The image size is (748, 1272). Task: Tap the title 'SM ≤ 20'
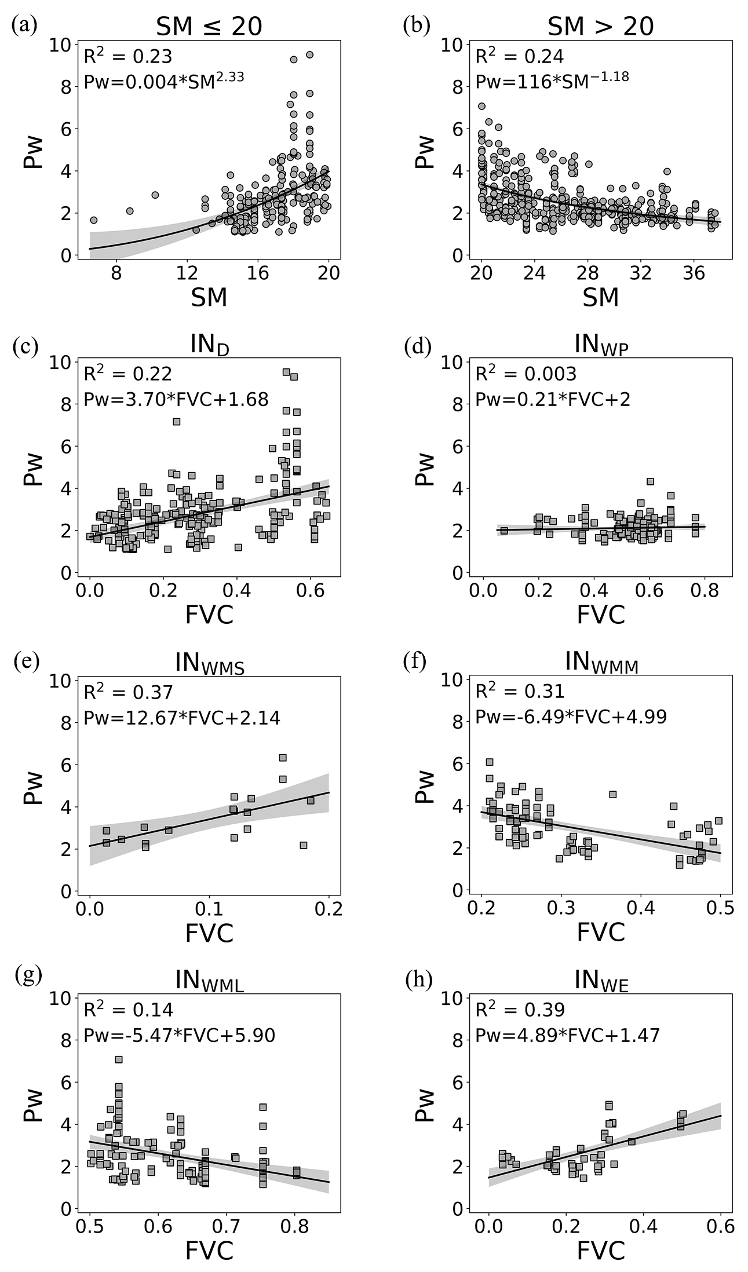pos(209,26)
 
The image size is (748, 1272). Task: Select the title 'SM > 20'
pos(601,26)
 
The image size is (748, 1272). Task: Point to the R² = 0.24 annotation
pos(519,56)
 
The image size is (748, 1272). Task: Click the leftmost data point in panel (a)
pos(93,220)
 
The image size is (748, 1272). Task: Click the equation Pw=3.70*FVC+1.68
pos(176,399)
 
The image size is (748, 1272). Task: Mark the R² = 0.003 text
pos(526,374)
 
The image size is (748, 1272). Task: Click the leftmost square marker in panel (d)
pos(504,531)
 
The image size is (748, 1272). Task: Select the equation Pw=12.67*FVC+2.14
pos(182,718)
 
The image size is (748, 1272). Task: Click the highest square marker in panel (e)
pos(283,758)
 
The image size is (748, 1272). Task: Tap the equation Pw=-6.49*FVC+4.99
pos(571,717)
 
